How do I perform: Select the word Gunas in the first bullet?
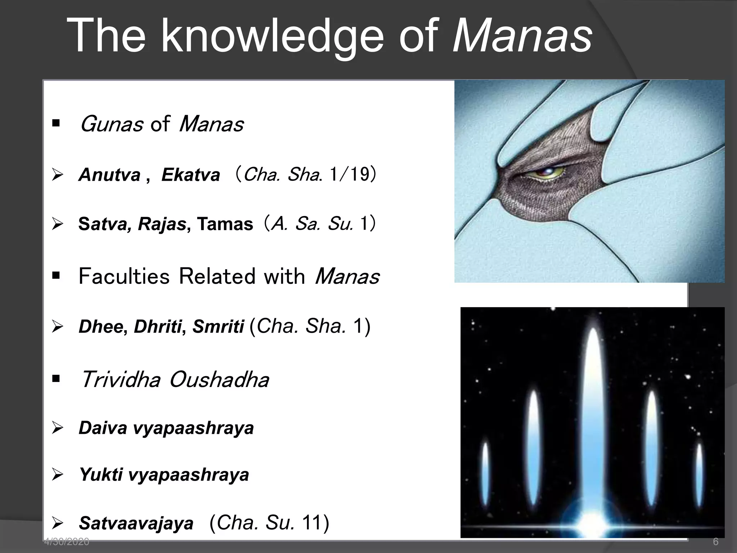[111, 124]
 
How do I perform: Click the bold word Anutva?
[109, 175]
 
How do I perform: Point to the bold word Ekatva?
[190, 175]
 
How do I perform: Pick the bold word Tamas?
[225, 224]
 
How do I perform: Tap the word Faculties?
[124, 276]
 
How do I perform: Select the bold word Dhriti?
[158, 327]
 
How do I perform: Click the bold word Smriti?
[218, 327]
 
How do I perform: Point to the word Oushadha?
[219, 380]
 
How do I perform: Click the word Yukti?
[101, 475]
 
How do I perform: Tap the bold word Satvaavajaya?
[136, 523]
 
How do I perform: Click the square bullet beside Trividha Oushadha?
[56, 379]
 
